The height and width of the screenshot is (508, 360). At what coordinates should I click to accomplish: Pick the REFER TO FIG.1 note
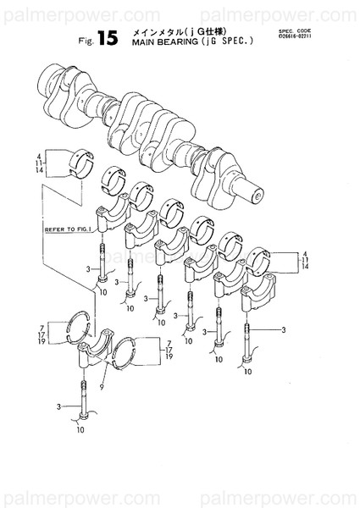(x=64, y=229)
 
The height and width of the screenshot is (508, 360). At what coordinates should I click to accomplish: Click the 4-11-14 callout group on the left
(x=40, y=163)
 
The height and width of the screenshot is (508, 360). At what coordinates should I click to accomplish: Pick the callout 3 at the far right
(x=284, y=329)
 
